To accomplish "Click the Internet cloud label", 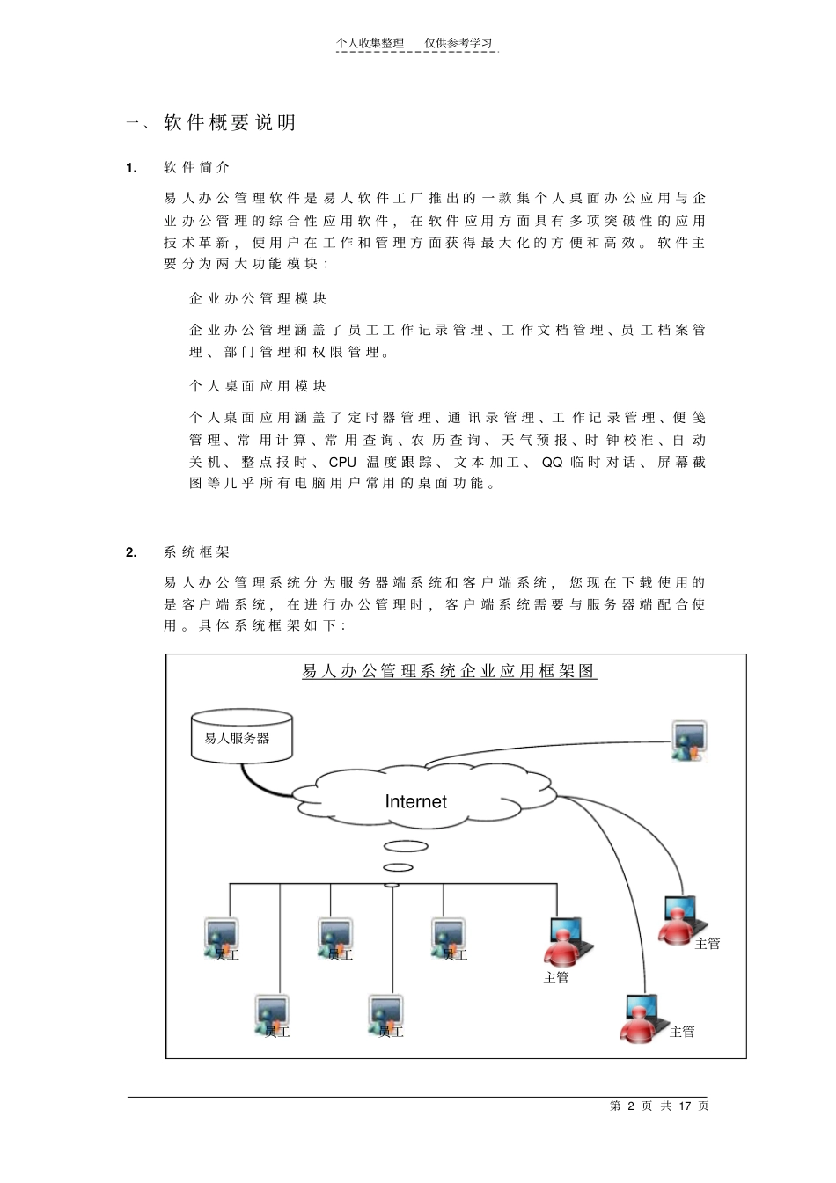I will (x=415, y=801).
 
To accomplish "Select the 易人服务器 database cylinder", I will (x=241, y=736).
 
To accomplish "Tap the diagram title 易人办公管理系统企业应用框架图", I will (x=450, y=671).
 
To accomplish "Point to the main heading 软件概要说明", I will (x=230, y=123).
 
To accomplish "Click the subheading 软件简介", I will (x=196, y=167).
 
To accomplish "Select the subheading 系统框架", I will (x=196, y=552).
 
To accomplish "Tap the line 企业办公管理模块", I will (x=258, y=298).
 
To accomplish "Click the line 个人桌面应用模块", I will (x=258, y=385).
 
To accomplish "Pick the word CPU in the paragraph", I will (x=342, y=462).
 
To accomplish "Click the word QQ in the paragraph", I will (x=552, y=462).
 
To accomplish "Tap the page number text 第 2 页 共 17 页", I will (x=658, y=1106).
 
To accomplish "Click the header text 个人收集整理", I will (x=370, y=43).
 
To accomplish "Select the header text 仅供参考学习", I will (x=458, y=43).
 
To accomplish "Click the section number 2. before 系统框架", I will (x=131, y=552).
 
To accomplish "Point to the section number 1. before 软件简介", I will (x=131, y=167).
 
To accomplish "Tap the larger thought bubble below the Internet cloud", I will (x=405, y=848).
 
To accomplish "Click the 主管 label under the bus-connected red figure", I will (x=556, y=977).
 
